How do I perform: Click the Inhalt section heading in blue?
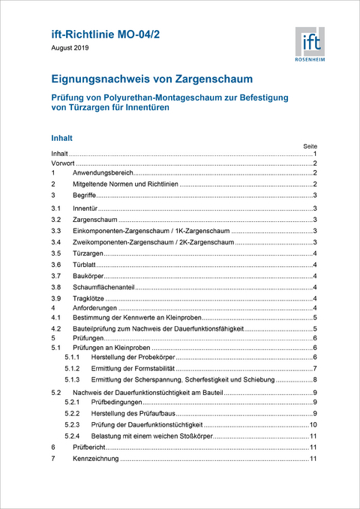coord(61,139)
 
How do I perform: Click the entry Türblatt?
coord(85,265)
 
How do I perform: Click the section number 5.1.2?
coord(72,369)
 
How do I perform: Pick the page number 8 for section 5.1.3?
coord(314,380)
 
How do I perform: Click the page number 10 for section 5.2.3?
coord(313,424)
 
